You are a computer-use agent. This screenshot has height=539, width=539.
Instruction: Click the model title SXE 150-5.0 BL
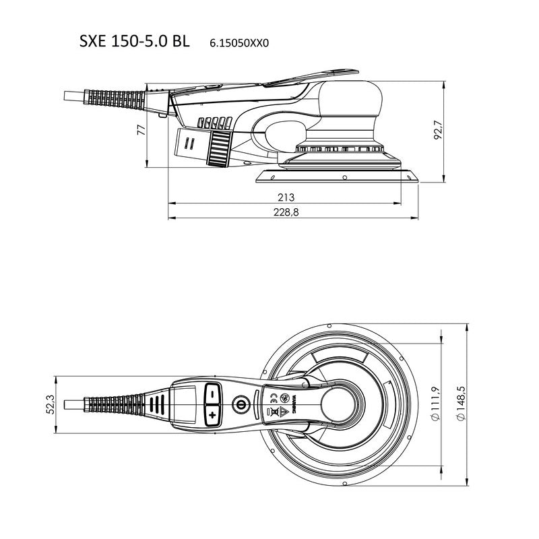pyautogui.click(x=134, y=41)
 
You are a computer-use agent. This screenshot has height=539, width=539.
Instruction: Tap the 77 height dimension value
pyautogui.click(x=141, y=130)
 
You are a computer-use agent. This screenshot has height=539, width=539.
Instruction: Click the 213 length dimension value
pyautogui.click(x=286, y=197)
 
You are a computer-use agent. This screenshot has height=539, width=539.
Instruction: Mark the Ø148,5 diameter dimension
pyautogui.click(x=462, y=404)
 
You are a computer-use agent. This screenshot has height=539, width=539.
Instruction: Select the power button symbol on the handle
pyautogui.click(x=239, y=405)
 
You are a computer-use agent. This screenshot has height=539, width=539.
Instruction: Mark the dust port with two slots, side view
pyautogui.click(x=191, y=143)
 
